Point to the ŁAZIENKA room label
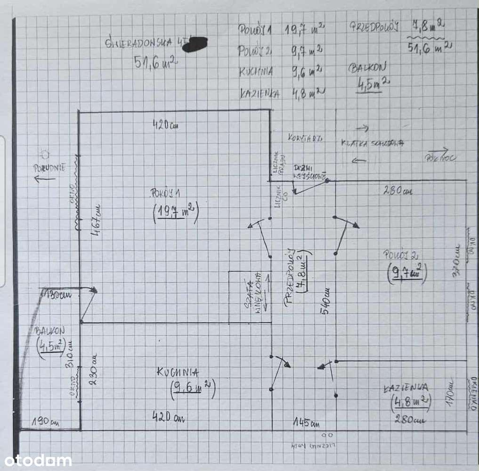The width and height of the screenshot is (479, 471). pyautogui.click(x=406, y=388)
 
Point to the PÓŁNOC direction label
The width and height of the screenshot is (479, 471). pyautogui.click(x=440, y=157)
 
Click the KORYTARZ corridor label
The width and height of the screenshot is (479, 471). pyautogui.click(x=304, y=138)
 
